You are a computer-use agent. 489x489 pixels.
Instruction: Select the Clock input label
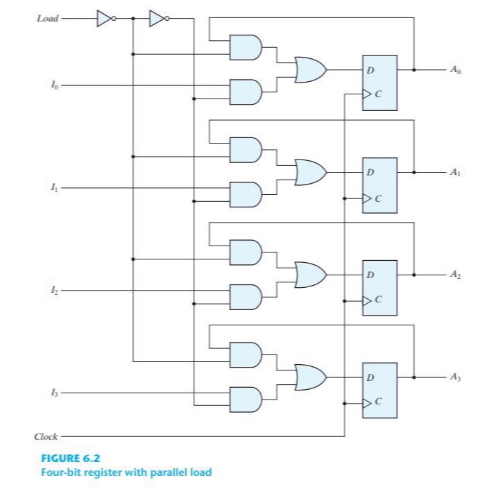pyautogui.click(x=46, y=437)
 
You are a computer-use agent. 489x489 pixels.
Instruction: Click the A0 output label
pyautogui.click(x=454, y=70)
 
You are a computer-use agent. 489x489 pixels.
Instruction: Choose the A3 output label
pyautogui.click(x=454, y=377)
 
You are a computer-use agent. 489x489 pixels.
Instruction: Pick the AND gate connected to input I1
pyautogui.click(x=246, y=194)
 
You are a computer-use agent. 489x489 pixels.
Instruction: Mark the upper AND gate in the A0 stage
pyautogui.click(x=246, y=46)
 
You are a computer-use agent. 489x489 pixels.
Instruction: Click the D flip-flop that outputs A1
pyautogui.click(x=379, y=185)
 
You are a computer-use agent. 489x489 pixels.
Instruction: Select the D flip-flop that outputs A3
pyautogui.click(x=379, y=390)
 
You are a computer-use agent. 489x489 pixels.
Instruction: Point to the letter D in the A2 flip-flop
pyautogui.click(x=371, y=275)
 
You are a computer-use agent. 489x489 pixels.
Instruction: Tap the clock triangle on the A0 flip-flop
pyautogui.click(x=366, y=96)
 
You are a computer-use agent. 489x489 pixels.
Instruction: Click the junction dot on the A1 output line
pyautogui.click(x=414, y=173)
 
